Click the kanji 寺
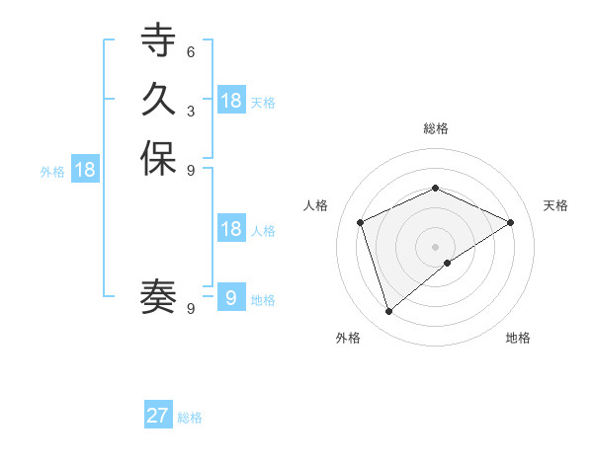[158, 41]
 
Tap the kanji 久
[158, 100]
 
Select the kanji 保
[158, 159]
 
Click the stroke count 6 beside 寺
[190, 52]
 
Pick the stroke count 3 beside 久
[190, 111]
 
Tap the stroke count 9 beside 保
[190, 170]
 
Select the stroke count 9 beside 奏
[190, 308]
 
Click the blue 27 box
[158, 416]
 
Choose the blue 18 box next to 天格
[231, 100]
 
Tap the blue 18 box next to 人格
[231, 229]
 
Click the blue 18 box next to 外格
[85, 170]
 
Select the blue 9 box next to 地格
[231, 298]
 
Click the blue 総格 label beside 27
[190, 418]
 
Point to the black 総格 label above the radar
[435, 128]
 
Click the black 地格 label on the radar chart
[518, 338]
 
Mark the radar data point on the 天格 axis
[511, 222]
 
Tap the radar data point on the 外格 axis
[388, 312]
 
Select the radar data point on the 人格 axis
[361, 222]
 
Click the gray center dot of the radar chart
[435, 246]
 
